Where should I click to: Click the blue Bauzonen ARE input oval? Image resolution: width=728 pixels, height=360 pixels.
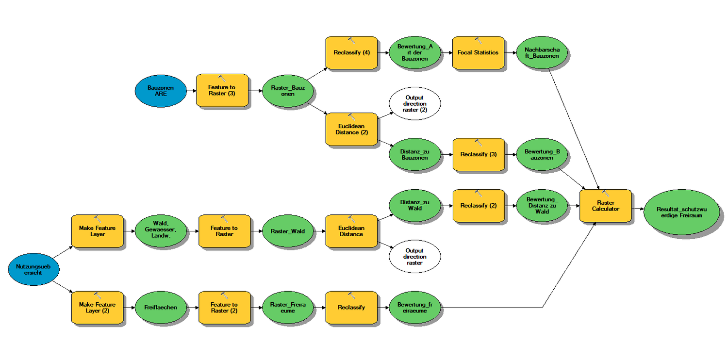[x=161, y=90]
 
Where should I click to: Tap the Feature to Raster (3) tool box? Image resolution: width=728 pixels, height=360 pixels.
[x=222, y=90]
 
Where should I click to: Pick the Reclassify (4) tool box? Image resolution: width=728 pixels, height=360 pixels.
[x=351, y=52]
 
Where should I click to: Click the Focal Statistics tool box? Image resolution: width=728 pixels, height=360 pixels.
[x=478, y=52]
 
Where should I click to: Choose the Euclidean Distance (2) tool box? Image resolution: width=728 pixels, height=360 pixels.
[x=351, y=129]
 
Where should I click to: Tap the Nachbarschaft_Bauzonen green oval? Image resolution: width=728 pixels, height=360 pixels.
[x=542, y=52]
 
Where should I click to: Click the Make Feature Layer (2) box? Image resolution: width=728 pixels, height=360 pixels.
[x=97, y=308]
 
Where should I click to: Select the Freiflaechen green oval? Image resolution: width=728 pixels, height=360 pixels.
[x=161, y=308]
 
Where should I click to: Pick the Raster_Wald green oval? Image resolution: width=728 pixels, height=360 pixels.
[x=287, y=231]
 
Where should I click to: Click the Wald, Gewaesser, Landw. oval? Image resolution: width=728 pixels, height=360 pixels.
[x=161, y=231]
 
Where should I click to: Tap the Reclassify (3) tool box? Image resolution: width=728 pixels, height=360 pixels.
[x=478, y=154]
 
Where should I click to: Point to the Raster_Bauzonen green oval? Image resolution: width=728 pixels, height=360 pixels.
[x=287, y=90]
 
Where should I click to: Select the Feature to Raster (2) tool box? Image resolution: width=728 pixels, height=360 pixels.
[x=224, y=308]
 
